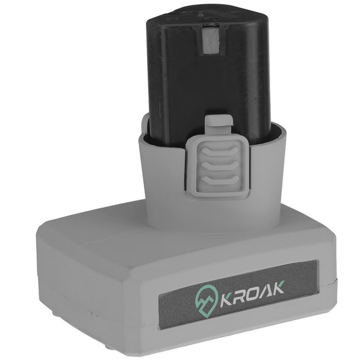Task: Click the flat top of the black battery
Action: (206, 15)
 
